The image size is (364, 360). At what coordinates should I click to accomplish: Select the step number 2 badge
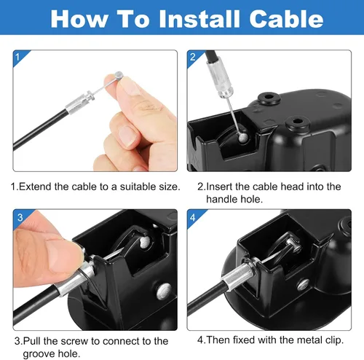tap(193, 56)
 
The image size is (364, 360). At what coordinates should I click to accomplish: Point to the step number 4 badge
tap(193, 216)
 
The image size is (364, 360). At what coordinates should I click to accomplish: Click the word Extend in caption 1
tap(35, 187)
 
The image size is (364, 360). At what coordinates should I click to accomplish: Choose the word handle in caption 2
tap(224, 199)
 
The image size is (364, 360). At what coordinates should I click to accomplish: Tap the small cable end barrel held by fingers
tap(117, 74)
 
